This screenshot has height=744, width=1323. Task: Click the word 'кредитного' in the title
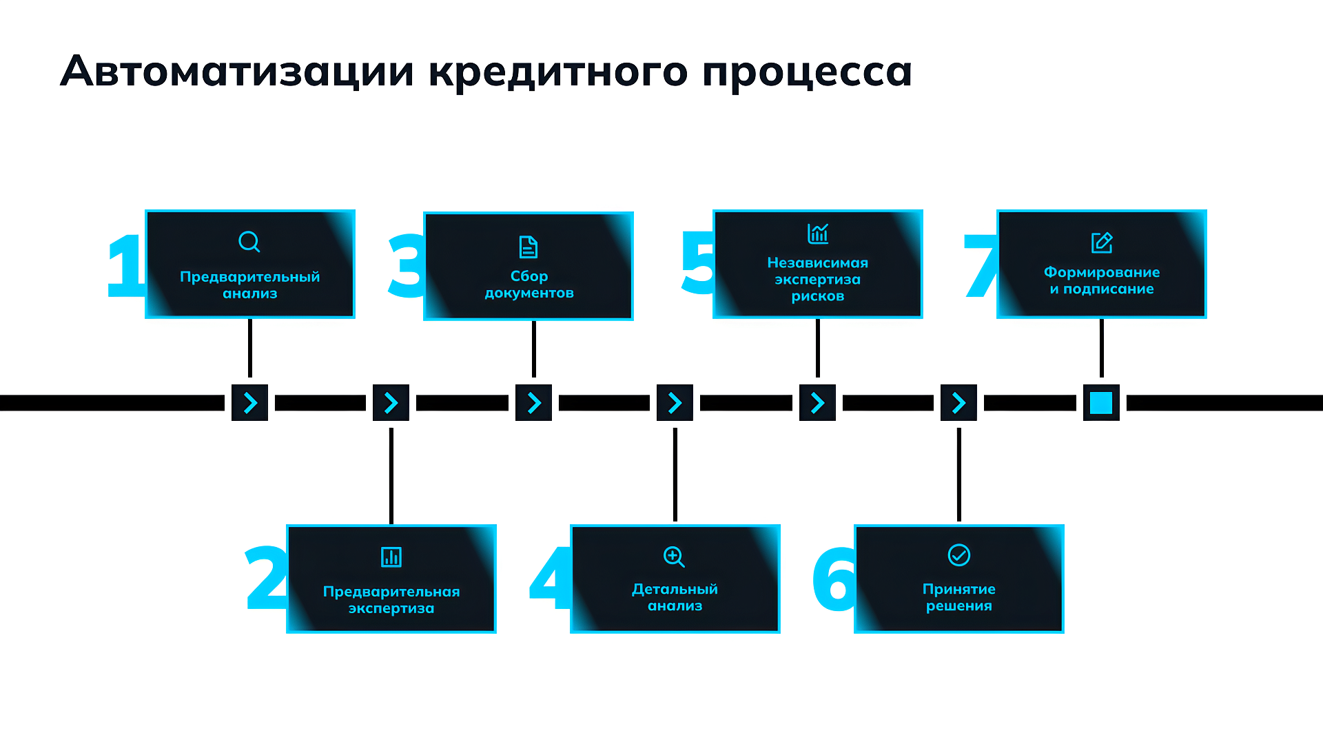[x=557, y=72]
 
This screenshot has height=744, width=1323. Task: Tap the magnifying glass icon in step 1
[x=249, y=242]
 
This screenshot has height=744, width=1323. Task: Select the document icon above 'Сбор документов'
[x=529, y=247]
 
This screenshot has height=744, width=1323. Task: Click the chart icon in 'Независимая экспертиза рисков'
[x=818, y=234]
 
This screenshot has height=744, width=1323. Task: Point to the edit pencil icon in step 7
[x=1102, y=242]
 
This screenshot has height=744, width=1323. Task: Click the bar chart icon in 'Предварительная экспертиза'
[x=391, y=557]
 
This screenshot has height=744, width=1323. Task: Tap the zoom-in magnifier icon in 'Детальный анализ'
[x=674, y=557]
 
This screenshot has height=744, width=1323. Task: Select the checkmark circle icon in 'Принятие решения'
[x=959, y=555]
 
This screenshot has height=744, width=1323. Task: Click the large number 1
[x=125, y=266]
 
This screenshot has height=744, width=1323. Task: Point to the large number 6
[x=834, y=579]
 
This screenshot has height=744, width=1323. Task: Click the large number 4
[x=550, y=579]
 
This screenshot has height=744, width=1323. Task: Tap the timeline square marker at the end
[x=1101, y=403]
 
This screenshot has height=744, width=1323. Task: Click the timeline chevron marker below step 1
[x=250, y=403]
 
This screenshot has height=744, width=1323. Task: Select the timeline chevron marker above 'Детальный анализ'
[x=675, y=403]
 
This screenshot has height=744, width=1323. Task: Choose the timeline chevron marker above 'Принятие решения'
[x=958, y=403]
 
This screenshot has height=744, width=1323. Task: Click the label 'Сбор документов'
[x=529, y=285]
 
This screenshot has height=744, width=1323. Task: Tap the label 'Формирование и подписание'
[x=1101, y=280]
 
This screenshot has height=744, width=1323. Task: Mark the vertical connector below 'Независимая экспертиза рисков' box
[x=818, y=348]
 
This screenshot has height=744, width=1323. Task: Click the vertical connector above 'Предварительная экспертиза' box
[x=391, y=475]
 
